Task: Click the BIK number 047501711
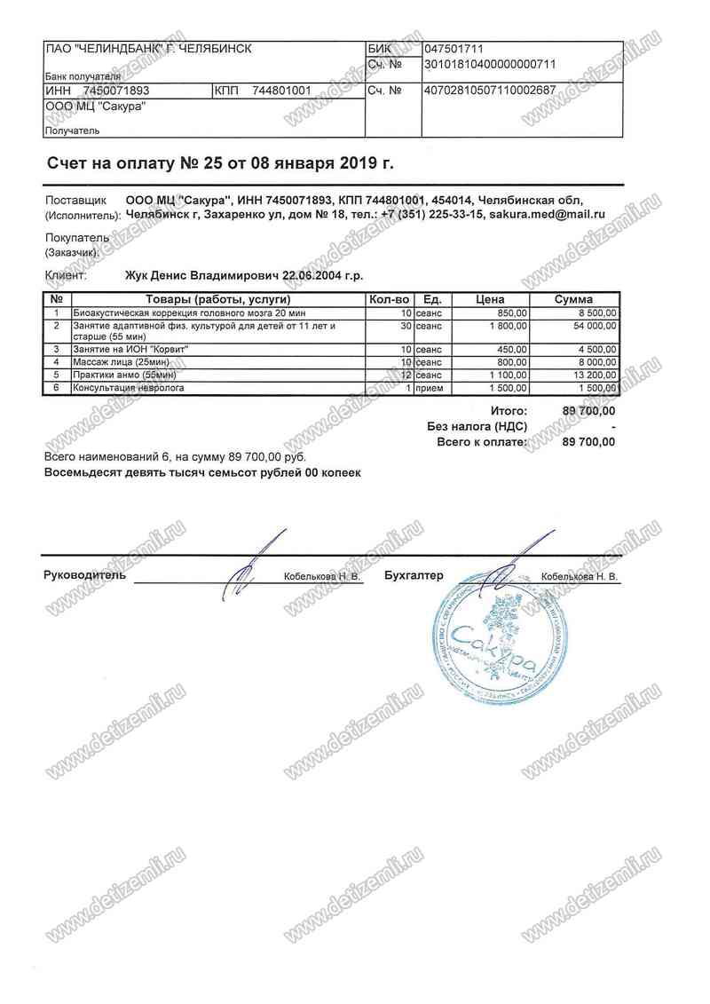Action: point(454,49)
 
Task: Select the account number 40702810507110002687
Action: point(491,91)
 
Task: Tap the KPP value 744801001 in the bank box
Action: point(281,91)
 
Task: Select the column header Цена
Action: point(490,300)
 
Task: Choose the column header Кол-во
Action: point(390,300)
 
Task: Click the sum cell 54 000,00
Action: point(590,326)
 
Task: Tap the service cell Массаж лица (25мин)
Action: point(121,362)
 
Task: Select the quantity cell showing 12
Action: point(405,376)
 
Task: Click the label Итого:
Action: point(509,411)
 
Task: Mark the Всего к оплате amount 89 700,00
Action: point(588,441)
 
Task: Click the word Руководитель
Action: point(84,575)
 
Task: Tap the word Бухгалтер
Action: point(414,575)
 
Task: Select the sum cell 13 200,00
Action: point(590,376)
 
